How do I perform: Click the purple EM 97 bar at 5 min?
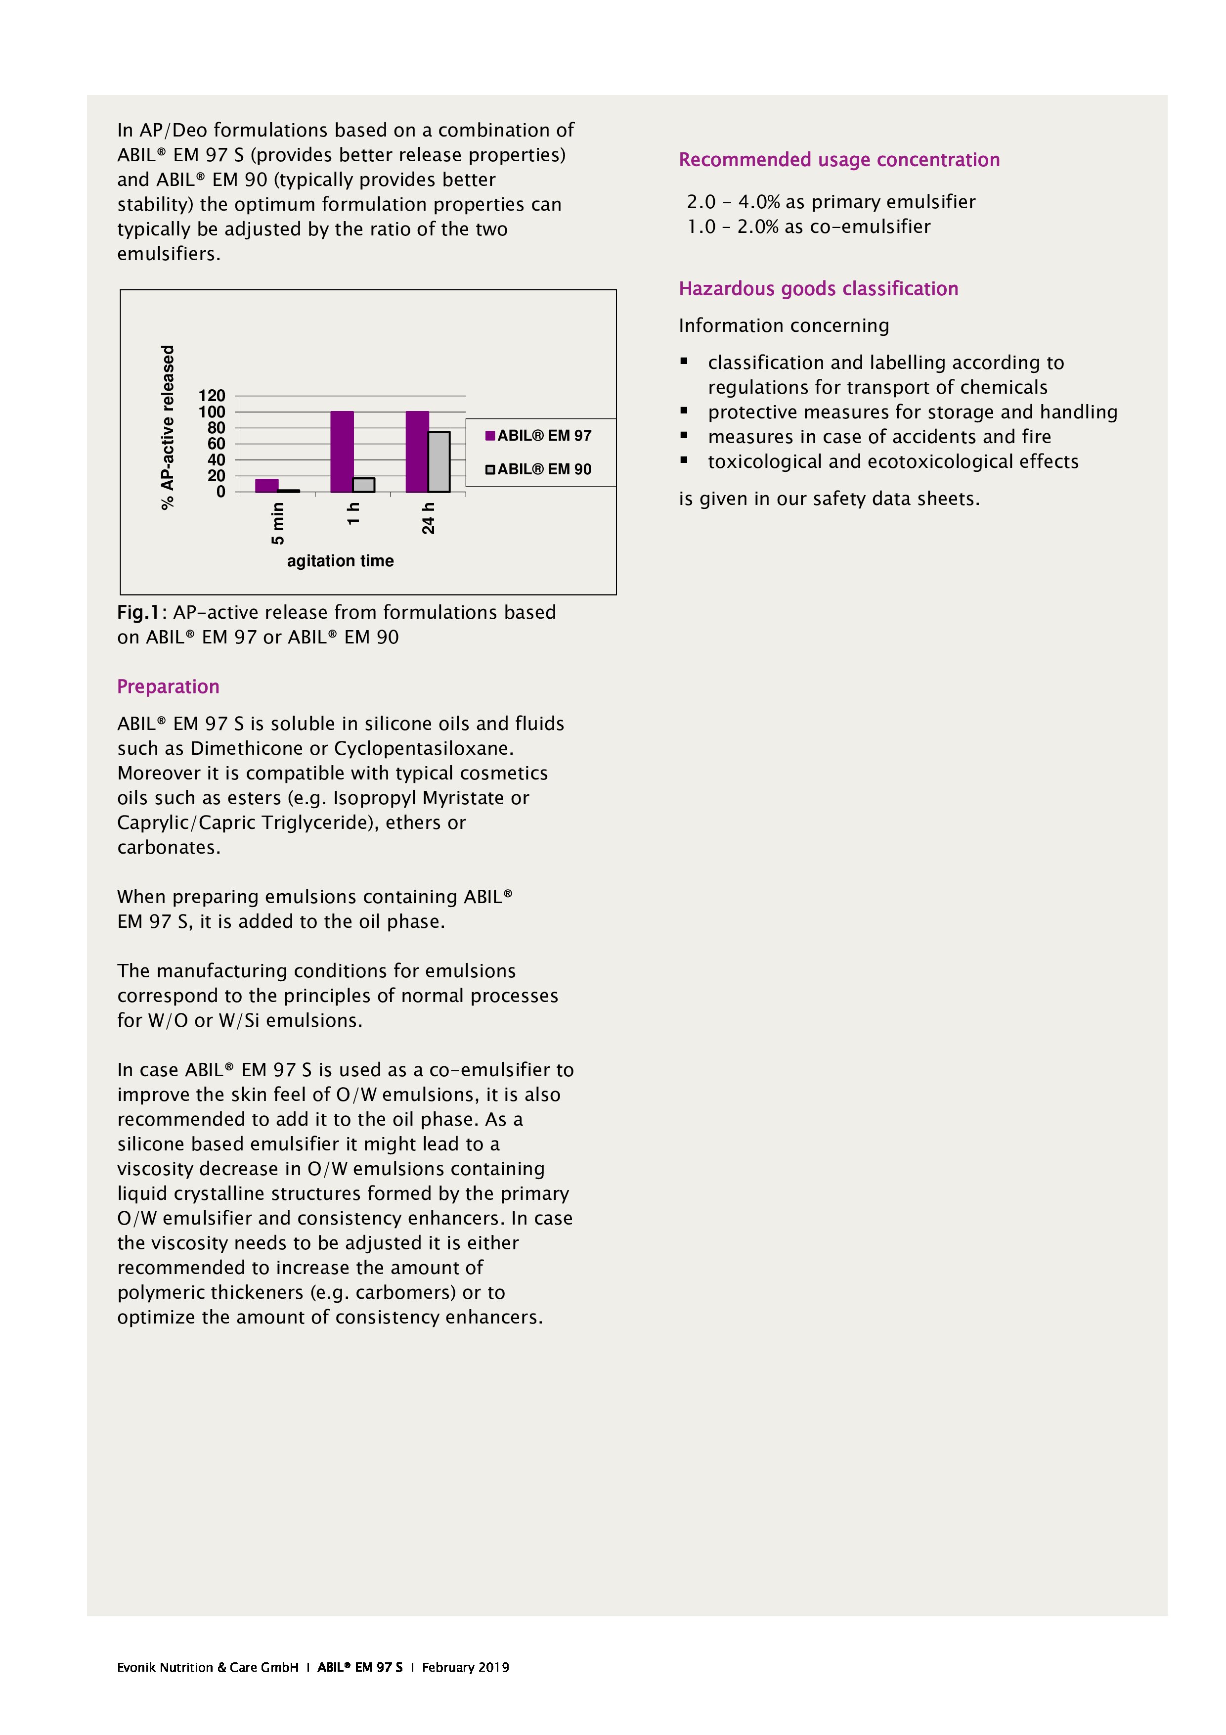(266, 485)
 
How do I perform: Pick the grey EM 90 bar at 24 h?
(439, 462)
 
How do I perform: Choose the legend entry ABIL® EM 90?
(538, 469)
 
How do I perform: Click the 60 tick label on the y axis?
(216, 444)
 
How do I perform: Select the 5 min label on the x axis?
(278, 523)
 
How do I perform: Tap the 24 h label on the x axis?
(428, 518)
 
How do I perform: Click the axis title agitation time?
(340, 561)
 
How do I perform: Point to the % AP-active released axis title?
(168, 427)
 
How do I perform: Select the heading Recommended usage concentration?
(838, 159)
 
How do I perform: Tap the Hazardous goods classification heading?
(818, 289)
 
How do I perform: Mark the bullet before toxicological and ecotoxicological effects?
(684, 459)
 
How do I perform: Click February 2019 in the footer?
(465, 1667)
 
